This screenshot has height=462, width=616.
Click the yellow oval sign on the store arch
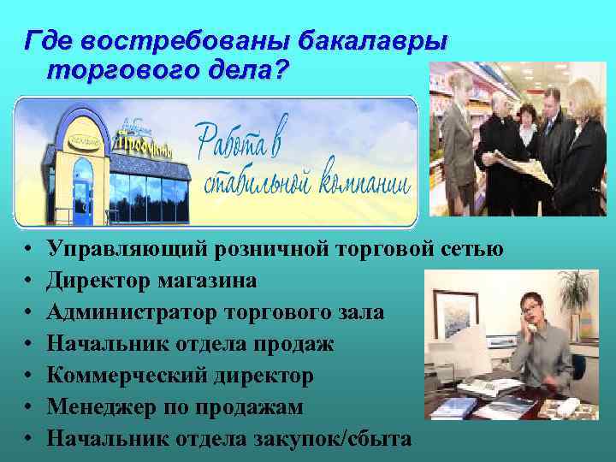(x=83, y=138)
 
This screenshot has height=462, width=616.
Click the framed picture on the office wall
(x=454, y=316)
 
